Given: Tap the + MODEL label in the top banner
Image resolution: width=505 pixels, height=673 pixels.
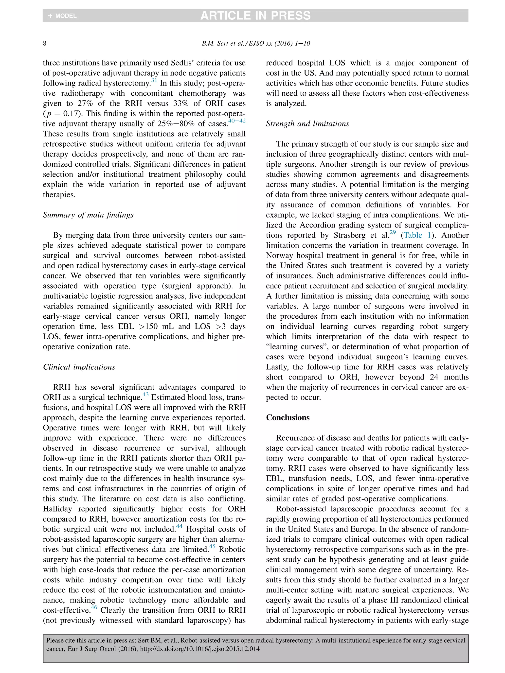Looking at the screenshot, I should (63, 16).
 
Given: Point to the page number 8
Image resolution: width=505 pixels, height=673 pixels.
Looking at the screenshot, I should (45, 44).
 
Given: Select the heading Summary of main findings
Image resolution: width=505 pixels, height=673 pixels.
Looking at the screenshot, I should (88, 215).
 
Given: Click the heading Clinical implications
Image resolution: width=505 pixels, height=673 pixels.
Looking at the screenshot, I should (79, 367).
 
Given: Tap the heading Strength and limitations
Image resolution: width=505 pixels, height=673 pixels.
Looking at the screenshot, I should (307, 124).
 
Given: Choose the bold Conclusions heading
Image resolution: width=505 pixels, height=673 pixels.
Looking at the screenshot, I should (288, 418).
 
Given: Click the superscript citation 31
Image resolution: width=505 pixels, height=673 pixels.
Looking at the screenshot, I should (154, 80).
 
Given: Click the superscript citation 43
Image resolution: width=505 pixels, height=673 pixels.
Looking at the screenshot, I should (145, 395).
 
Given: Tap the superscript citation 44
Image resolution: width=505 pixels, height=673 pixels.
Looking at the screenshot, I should (179, 526).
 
